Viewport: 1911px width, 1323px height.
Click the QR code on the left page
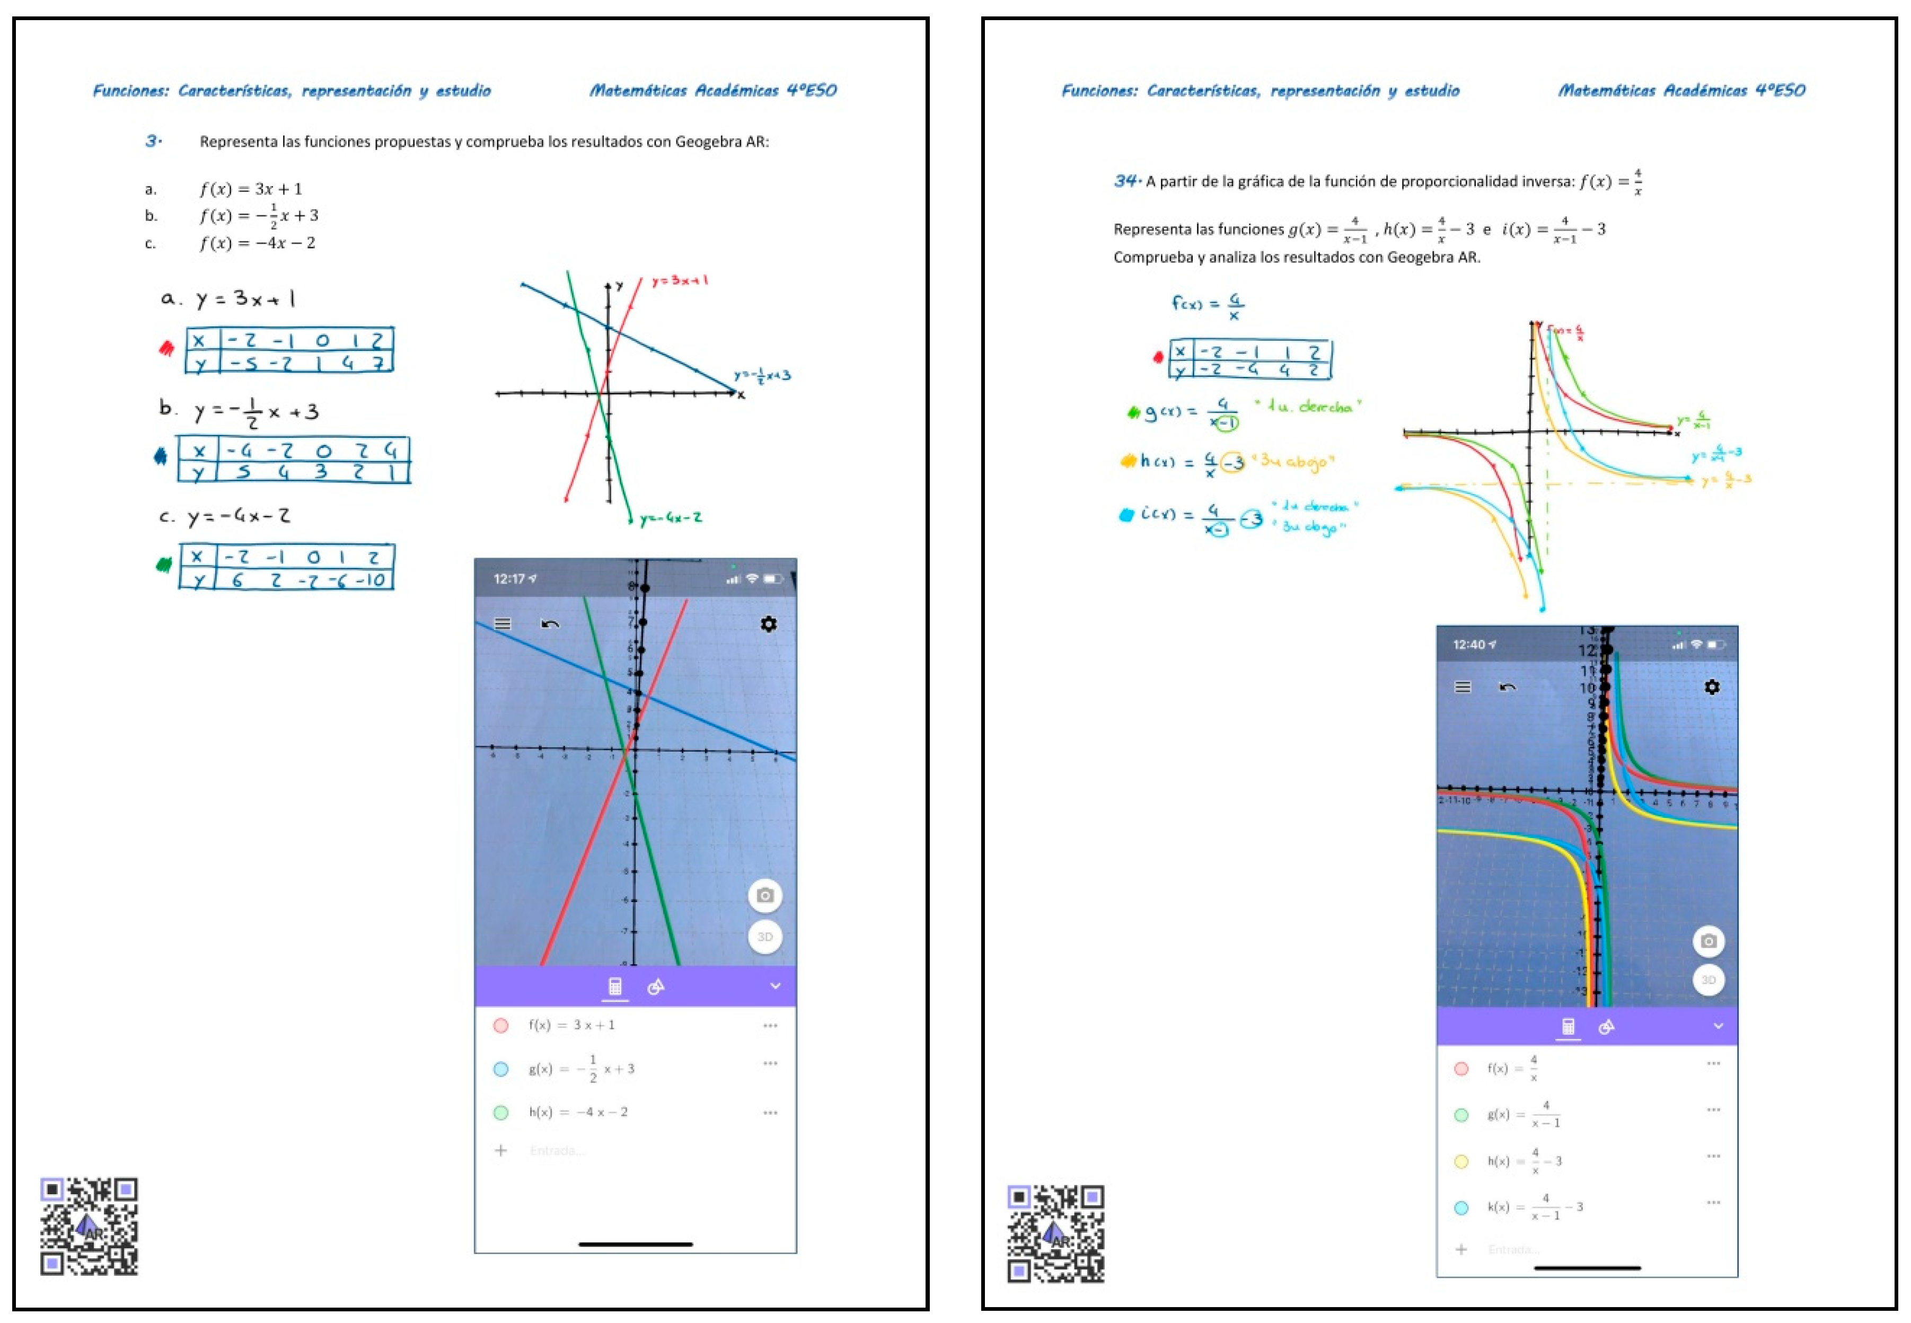click(89, 1225)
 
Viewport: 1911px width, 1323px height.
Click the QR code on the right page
click(1055, 1233)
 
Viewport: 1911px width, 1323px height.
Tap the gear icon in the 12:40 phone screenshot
click(1711, 687)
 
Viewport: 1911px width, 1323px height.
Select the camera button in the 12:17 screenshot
click(764, 895)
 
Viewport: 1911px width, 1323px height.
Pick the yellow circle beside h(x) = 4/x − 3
click(1461, 1161)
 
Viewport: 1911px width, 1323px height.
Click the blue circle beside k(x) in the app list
click(1461, 1208)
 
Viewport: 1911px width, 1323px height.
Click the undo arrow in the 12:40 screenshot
click(1507, 687)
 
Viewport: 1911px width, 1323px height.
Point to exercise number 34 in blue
click(1126, 181)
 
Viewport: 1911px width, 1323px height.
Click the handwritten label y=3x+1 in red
click(679, 281)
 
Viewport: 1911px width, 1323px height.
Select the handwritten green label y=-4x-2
click(670, 518)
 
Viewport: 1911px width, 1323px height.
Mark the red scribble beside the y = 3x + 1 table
click(166, 348)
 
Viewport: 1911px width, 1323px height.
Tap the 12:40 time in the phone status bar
click(1468, 644)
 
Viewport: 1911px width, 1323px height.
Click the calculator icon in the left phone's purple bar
click(615, 986)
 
